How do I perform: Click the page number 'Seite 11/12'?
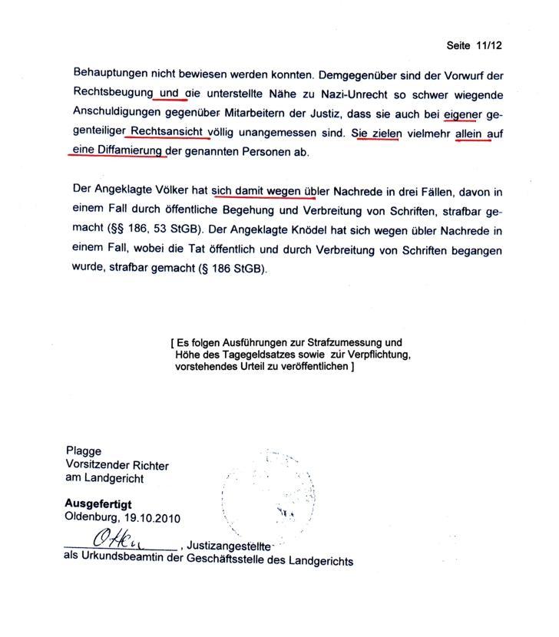pos(475,46)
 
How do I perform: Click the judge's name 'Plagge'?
pos(82,451)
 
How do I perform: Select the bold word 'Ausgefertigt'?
pos(98,504)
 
